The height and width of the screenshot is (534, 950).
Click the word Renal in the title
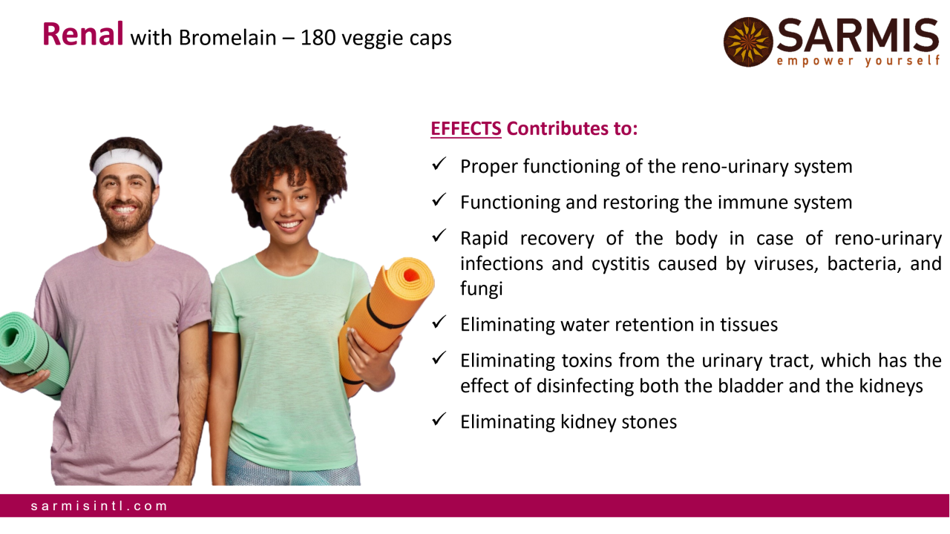click(83, 34)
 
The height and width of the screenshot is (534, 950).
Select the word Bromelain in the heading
click(227, 38)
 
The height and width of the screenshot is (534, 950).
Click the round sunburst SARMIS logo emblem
click(748, 42)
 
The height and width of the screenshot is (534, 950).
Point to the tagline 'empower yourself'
click(858, 62)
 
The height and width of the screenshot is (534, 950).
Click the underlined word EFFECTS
click(466, 128)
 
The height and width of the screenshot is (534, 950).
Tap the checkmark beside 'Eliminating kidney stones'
click(439, 420)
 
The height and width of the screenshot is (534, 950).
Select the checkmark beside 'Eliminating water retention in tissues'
click(439, 322)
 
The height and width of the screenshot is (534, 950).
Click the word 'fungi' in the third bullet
click(482, 289)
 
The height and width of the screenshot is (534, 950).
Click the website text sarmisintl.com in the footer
click(99, 506)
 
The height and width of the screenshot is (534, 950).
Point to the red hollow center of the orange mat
click(410, 275)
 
